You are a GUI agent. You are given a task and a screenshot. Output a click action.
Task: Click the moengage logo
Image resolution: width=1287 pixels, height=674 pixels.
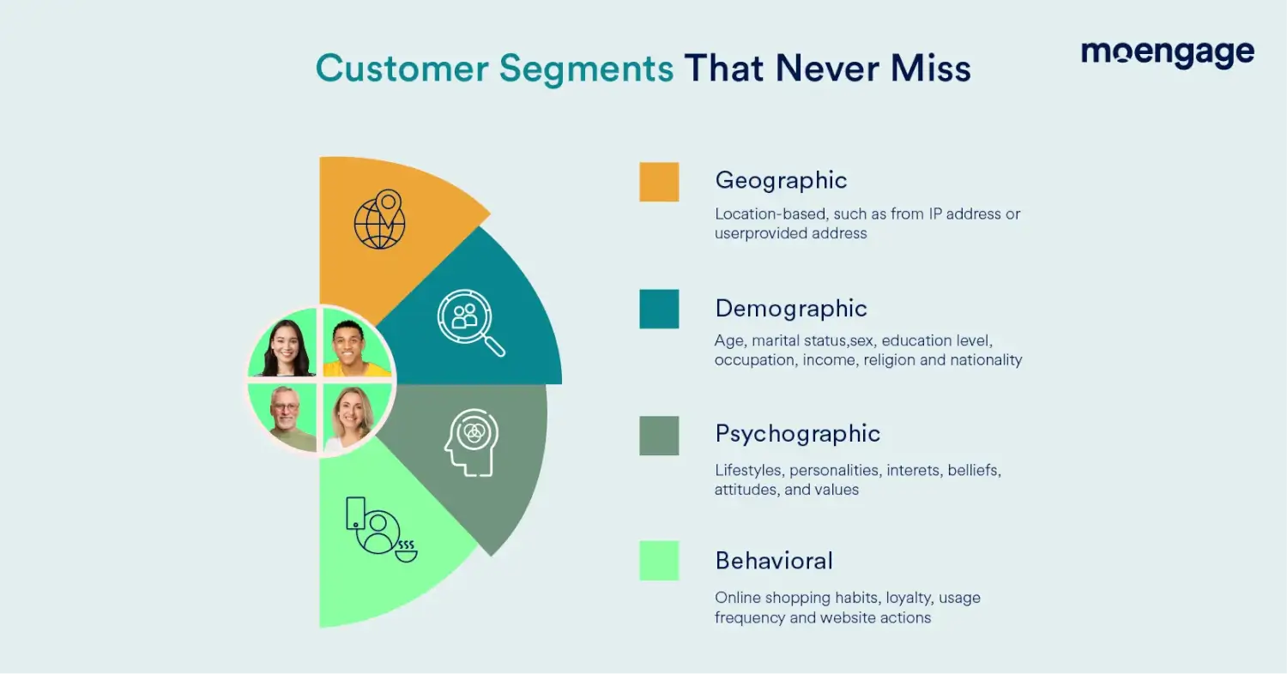click(1168, 54)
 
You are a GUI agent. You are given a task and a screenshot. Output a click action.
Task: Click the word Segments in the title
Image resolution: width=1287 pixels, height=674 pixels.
click(586, 69)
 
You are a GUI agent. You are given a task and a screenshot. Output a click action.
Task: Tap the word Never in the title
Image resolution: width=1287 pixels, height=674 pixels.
click(828, 69)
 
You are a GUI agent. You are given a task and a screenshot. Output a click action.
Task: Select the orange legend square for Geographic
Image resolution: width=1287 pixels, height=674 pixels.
click(659, 182)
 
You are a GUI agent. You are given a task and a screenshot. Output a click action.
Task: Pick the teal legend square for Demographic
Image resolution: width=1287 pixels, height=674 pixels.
click(659, 309)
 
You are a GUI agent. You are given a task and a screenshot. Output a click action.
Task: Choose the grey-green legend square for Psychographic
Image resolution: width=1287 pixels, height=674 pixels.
click(659, 436)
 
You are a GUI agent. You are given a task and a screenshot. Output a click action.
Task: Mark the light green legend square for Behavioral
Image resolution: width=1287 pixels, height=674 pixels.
click(659, 561)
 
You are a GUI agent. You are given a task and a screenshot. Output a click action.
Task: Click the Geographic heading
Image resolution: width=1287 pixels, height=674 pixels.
click(781, 181)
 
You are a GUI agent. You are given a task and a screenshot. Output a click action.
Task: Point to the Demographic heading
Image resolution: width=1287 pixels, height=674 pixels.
click(790, 309)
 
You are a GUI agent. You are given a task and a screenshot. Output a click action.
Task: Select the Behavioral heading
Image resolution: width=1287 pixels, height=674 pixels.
click(774, 561)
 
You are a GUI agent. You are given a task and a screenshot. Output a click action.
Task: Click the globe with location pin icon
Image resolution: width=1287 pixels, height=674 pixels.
click(380, 220)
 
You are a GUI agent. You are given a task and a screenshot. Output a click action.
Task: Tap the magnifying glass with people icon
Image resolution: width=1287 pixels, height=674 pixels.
click(470, 322)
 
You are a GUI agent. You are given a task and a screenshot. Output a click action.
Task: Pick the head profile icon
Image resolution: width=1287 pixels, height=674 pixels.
click(472, 442)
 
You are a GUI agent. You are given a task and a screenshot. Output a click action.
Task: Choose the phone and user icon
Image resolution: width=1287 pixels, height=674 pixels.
click(382, 529)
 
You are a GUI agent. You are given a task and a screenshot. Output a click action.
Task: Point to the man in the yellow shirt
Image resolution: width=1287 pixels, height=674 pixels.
click(354, 346)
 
